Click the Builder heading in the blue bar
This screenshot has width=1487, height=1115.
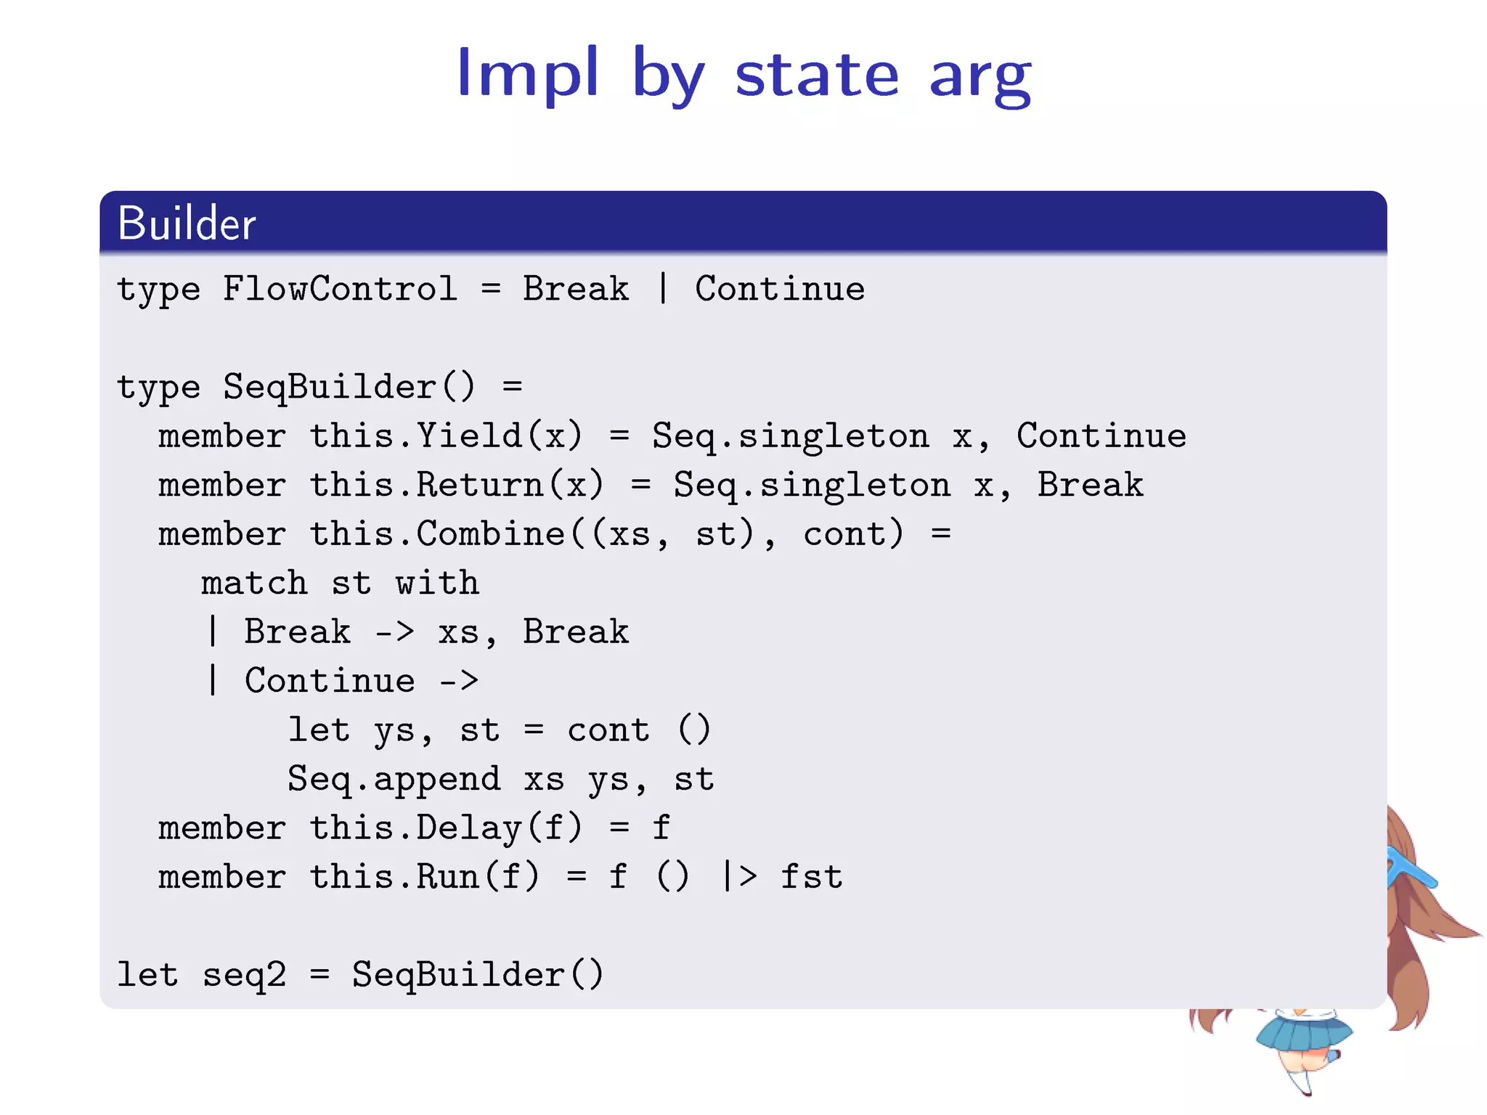point(187,223)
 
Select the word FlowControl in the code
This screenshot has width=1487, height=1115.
point(340,289)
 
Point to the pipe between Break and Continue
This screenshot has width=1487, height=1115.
point(662,288)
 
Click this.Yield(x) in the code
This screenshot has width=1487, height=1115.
point(446,436)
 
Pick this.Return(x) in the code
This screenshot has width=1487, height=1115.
point(457,485)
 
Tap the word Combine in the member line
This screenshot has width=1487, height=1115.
point(490,534)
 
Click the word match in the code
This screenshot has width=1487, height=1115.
point(254,583)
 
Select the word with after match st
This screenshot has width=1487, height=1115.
point(437,583)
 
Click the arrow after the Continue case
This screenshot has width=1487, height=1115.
point(459,681)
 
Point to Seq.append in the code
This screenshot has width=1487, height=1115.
point(394,779)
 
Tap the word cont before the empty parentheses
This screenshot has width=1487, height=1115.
point(608,730)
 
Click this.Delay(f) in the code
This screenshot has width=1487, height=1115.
point(446,828)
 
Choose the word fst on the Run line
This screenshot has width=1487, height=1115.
point(811,877)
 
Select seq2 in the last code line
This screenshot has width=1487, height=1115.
point(244,975)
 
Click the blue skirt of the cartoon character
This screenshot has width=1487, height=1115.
point(1303,1034)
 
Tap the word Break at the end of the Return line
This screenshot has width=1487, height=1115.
point(1090,485)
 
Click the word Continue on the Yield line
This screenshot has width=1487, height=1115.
point(1101,436)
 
